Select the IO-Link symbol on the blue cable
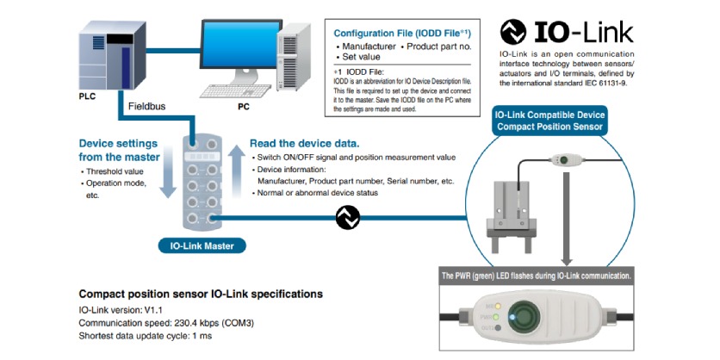(x=346, y=220)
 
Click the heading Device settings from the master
(x=119, y=150)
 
